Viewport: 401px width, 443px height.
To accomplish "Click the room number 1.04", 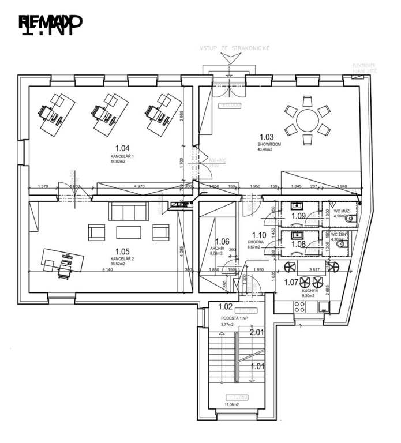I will [123, 147].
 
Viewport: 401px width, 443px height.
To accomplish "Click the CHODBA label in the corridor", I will [257, 242].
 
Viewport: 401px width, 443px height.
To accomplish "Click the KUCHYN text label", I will [310, 291].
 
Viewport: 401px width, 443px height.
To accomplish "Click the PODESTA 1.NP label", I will [234, 318].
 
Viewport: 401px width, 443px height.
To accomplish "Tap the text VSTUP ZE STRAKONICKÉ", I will [234, 50].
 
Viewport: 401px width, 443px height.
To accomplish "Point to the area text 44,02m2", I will [118, 162].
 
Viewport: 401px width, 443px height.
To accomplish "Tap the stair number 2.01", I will [257, 332].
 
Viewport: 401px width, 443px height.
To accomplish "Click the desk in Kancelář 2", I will [56, 260].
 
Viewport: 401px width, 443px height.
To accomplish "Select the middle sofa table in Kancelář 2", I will [128, 232].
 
